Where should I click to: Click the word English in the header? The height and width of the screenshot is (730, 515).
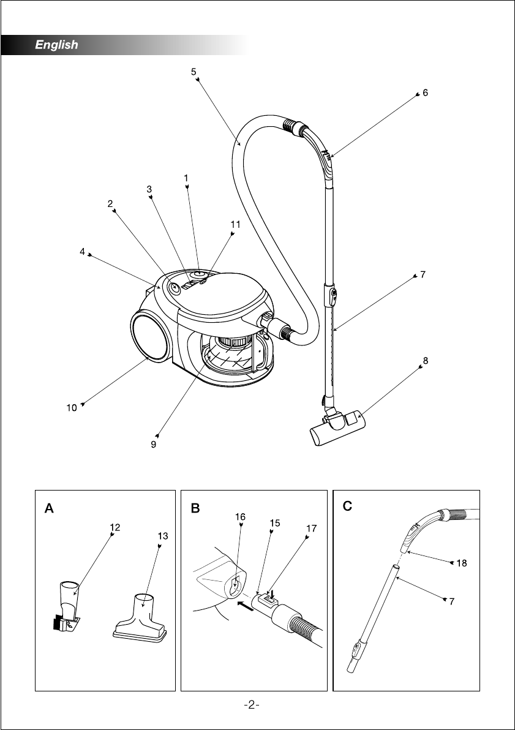56,45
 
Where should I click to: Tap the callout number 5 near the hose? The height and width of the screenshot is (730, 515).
194,71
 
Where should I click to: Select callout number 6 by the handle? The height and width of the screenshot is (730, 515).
425,92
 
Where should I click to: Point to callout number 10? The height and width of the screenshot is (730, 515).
71,408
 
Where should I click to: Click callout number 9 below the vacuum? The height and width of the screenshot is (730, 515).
153,444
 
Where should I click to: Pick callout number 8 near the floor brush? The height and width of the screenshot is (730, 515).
426,360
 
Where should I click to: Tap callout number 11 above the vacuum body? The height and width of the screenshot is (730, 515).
235,224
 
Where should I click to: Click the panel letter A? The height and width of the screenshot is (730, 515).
49,508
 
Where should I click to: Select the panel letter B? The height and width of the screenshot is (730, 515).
195,508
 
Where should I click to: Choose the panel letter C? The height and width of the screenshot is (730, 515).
347,506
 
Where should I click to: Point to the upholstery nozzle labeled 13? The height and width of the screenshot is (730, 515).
140,618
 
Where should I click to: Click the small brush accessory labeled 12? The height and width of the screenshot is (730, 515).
66,605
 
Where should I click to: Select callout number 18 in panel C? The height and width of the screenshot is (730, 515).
462,563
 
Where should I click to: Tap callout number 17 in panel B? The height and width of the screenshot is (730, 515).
312,529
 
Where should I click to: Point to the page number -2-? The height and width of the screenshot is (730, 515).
252,706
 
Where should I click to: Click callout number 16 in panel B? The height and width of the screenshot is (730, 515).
240,517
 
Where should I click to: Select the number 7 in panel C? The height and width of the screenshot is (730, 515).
452,601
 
